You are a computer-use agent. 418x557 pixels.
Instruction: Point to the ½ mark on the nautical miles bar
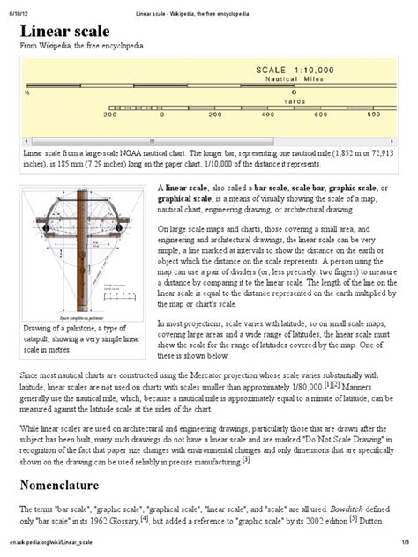tap(28, 92)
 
